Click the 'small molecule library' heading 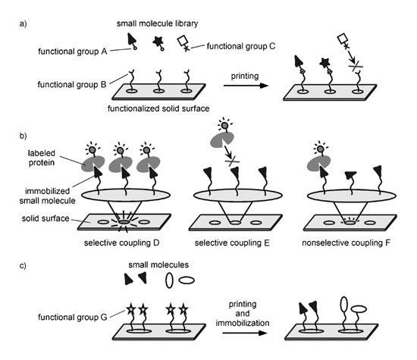click(157, 23)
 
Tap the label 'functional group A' click(72, 51)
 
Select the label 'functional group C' click(241, 46)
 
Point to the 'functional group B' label click(72, 85)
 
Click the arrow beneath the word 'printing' click(246, 86)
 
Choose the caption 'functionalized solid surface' click(158, 108)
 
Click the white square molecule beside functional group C click(183, 41)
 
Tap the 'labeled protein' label click(42, 158)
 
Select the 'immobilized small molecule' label click(47, 196)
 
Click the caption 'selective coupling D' click(121, 243)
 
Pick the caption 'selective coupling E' click(232, 243)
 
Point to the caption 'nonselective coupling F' click(346, 243)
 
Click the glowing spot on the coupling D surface click(124, 222)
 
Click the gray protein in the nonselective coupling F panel click(318, 163)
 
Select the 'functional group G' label click(73, 317)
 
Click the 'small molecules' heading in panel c click(158, 265)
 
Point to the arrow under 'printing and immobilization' click(245, 333)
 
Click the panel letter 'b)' click(24, 136)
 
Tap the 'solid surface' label click(45, 218)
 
